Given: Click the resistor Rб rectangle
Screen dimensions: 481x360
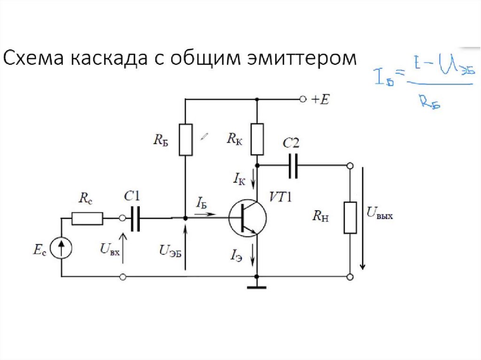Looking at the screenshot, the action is coord(186,140).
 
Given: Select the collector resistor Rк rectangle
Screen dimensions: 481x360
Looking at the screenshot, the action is coord(257,139).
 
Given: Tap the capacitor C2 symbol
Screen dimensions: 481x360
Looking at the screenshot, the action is coord(293,166).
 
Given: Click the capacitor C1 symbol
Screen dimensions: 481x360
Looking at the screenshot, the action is coord(135,218).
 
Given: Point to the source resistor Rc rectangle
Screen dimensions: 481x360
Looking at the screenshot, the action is coord(87,218).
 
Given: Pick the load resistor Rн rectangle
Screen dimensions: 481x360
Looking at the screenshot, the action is coord(350,218).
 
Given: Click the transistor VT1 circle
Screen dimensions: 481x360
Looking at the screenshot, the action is coord(247,218).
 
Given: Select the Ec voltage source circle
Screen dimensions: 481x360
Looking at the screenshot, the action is coord(62,248).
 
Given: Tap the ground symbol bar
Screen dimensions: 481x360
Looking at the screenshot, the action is coord(257,287).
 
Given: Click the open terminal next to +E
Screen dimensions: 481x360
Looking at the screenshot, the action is coord(303,100).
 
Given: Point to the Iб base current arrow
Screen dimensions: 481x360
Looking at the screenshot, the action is coord(205,214).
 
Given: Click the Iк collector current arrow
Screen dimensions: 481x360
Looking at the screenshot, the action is coord(253,179).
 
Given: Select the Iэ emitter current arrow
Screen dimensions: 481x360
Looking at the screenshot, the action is coord(253,255).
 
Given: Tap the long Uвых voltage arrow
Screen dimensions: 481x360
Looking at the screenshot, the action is coord(363,218).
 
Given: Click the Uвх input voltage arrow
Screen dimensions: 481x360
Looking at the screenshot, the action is coord(123,248).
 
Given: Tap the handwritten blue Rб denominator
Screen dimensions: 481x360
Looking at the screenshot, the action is coord(430,101).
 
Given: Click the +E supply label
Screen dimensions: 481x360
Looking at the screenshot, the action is coord(320,100).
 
